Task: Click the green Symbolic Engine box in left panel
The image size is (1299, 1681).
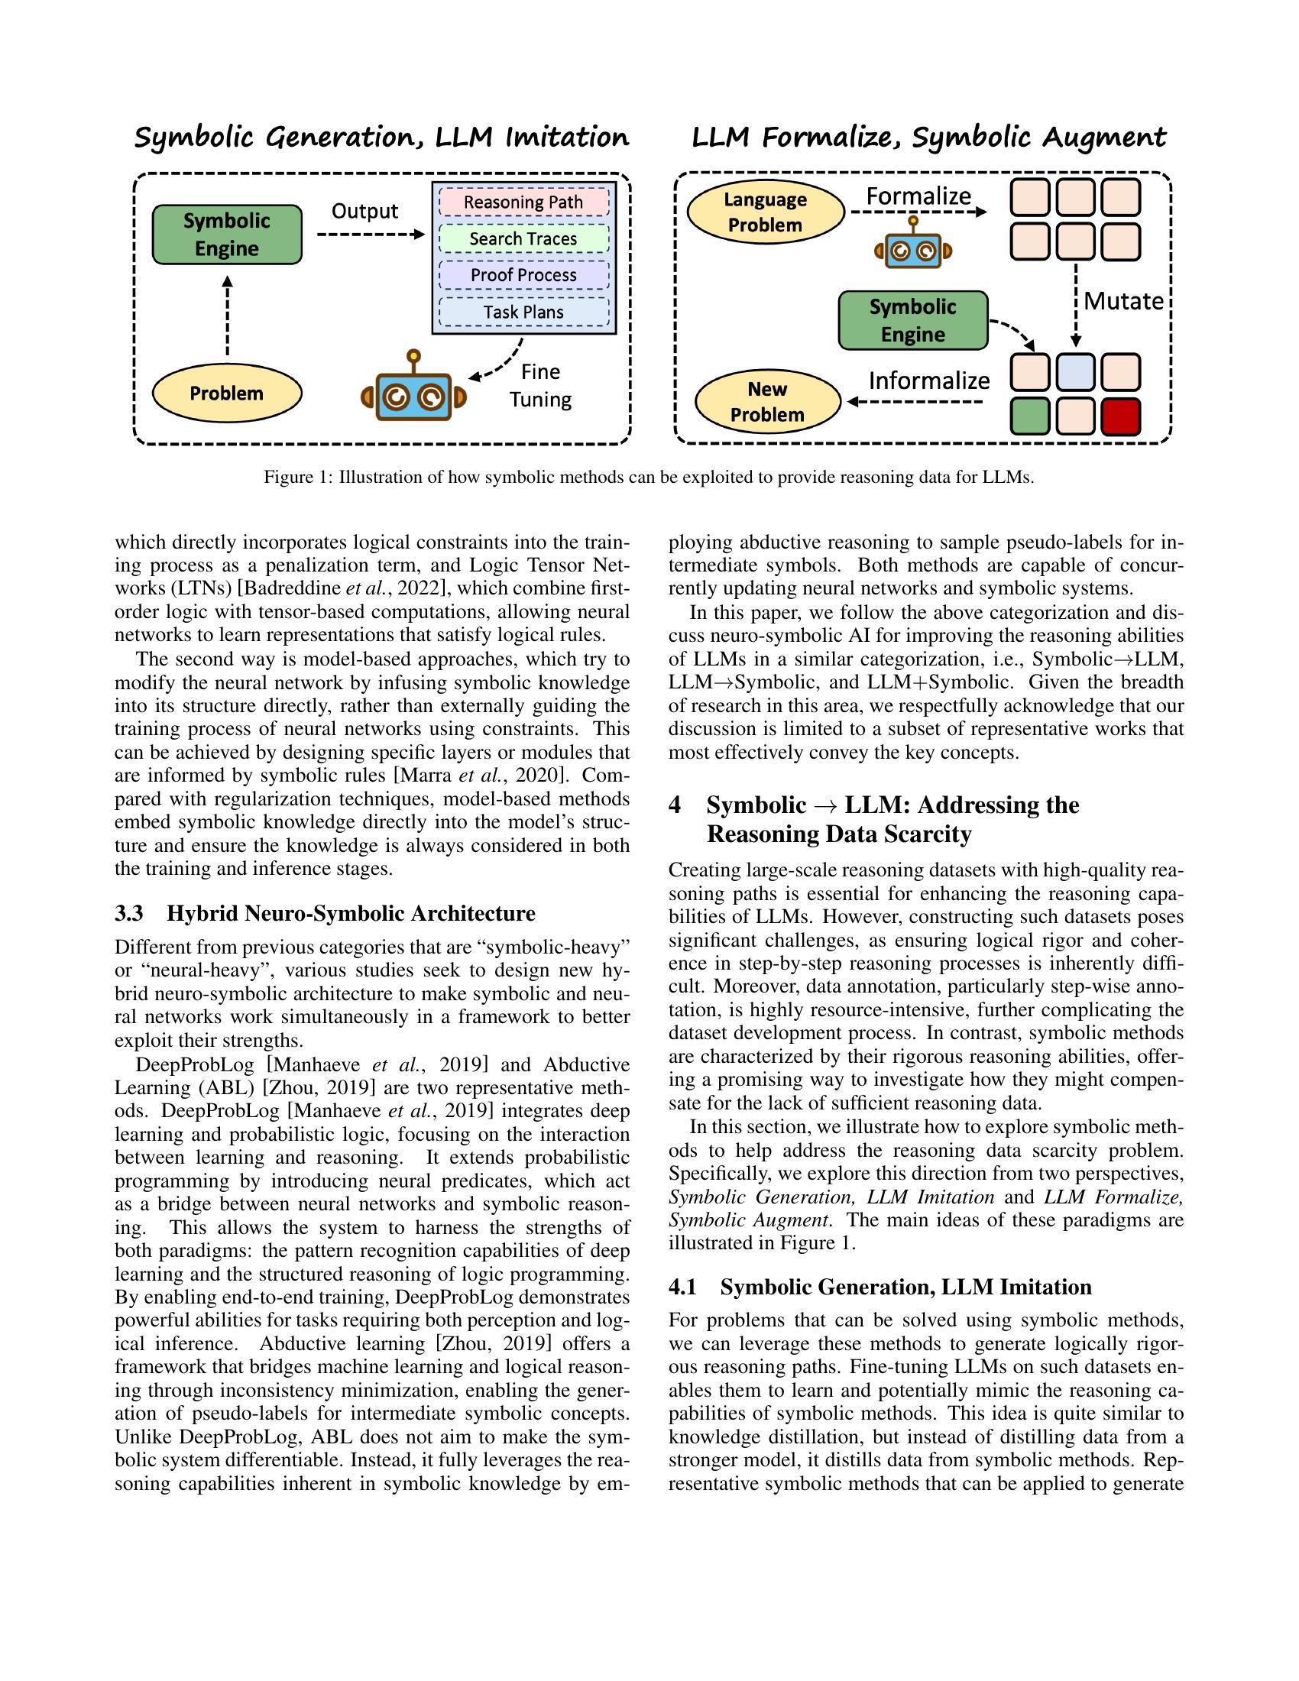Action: (226, 235)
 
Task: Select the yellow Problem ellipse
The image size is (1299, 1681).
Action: (226, 394)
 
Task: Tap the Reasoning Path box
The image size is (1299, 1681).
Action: (523, 202)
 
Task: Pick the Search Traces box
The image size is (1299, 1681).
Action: (523, 238)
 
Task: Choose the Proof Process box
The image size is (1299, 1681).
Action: (523, 276)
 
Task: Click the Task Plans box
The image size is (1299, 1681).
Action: (523, 312)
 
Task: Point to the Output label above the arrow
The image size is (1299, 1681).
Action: (364, 211)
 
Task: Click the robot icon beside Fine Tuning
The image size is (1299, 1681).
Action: (414, 394)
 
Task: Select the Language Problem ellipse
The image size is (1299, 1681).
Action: (765, 212)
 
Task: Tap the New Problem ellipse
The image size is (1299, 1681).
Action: (766, 402)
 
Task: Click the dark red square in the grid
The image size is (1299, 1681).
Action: (1120, 416)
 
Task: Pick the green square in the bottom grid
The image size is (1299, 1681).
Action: (1029, 416)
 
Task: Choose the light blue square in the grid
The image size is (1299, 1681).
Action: (1075, 373)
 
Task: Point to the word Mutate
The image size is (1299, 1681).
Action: (1122, 301)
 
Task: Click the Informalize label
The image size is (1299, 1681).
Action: (929, 381)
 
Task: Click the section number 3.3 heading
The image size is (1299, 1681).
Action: (130, 914)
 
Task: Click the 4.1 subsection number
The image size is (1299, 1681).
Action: (682, 1287)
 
